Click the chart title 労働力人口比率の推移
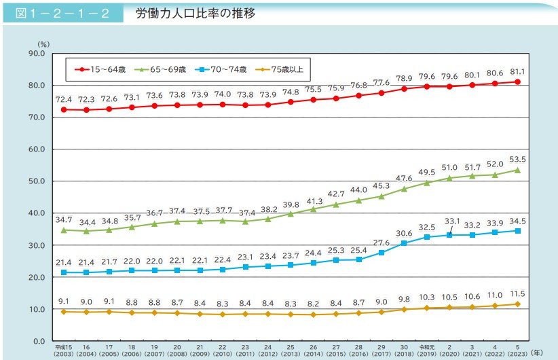(195, 13)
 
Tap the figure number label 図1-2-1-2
(62, 14)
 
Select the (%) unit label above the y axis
(43, 43)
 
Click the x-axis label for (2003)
(64, 353)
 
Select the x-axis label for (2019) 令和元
(426, 349)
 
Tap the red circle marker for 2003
(64, 109)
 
